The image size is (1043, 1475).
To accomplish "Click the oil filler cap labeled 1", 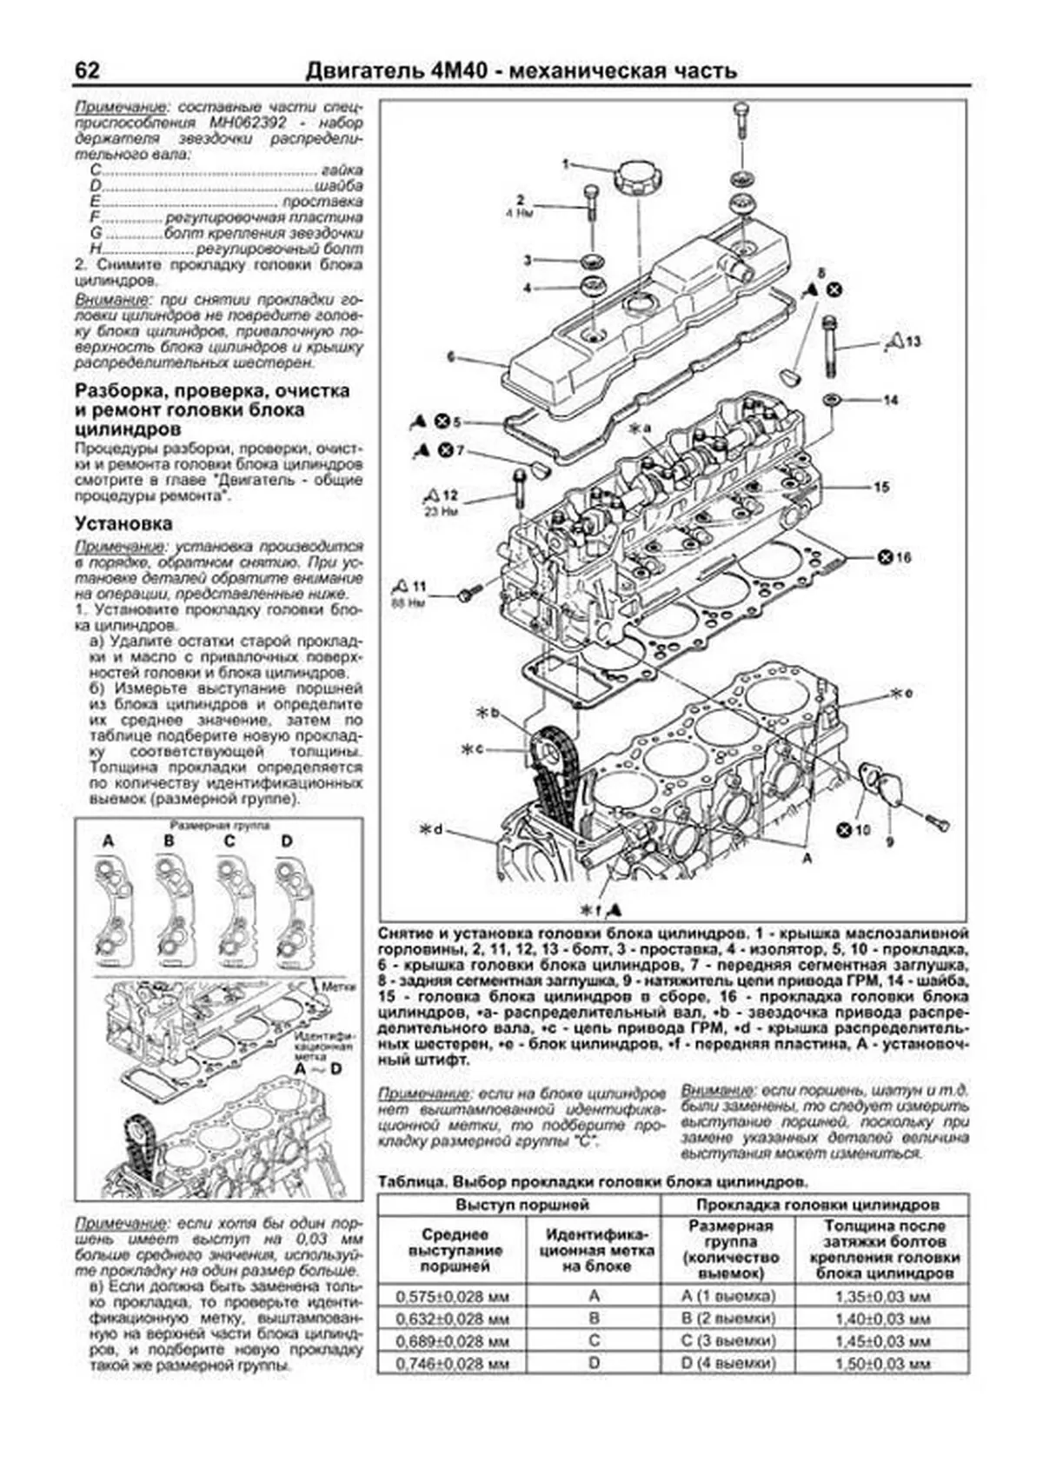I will click(638, 180).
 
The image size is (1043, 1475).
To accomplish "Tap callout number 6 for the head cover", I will click(451, 356).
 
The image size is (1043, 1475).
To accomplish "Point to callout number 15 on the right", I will click(881, 488).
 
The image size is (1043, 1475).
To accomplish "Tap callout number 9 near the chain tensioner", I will click(889, 841).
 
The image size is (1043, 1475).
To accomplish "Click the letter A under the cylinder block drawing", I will click(807, 858).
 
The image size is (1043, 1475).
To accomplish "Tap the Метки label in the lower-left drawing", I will click(335, 987).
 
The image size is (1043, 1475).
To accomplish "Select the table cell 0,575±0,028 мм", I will click(451, 1297).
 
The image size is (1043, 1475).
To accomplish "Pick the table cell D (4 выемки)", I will click(727, 1364).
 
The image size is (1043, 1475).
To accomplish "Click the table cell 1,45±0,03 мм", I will click(882, 1341).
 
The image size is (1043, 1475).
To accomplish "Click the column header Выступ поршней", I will click(518, 1205).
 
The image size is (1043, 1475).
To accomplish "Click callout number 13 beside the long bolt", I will click(912, 342).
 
